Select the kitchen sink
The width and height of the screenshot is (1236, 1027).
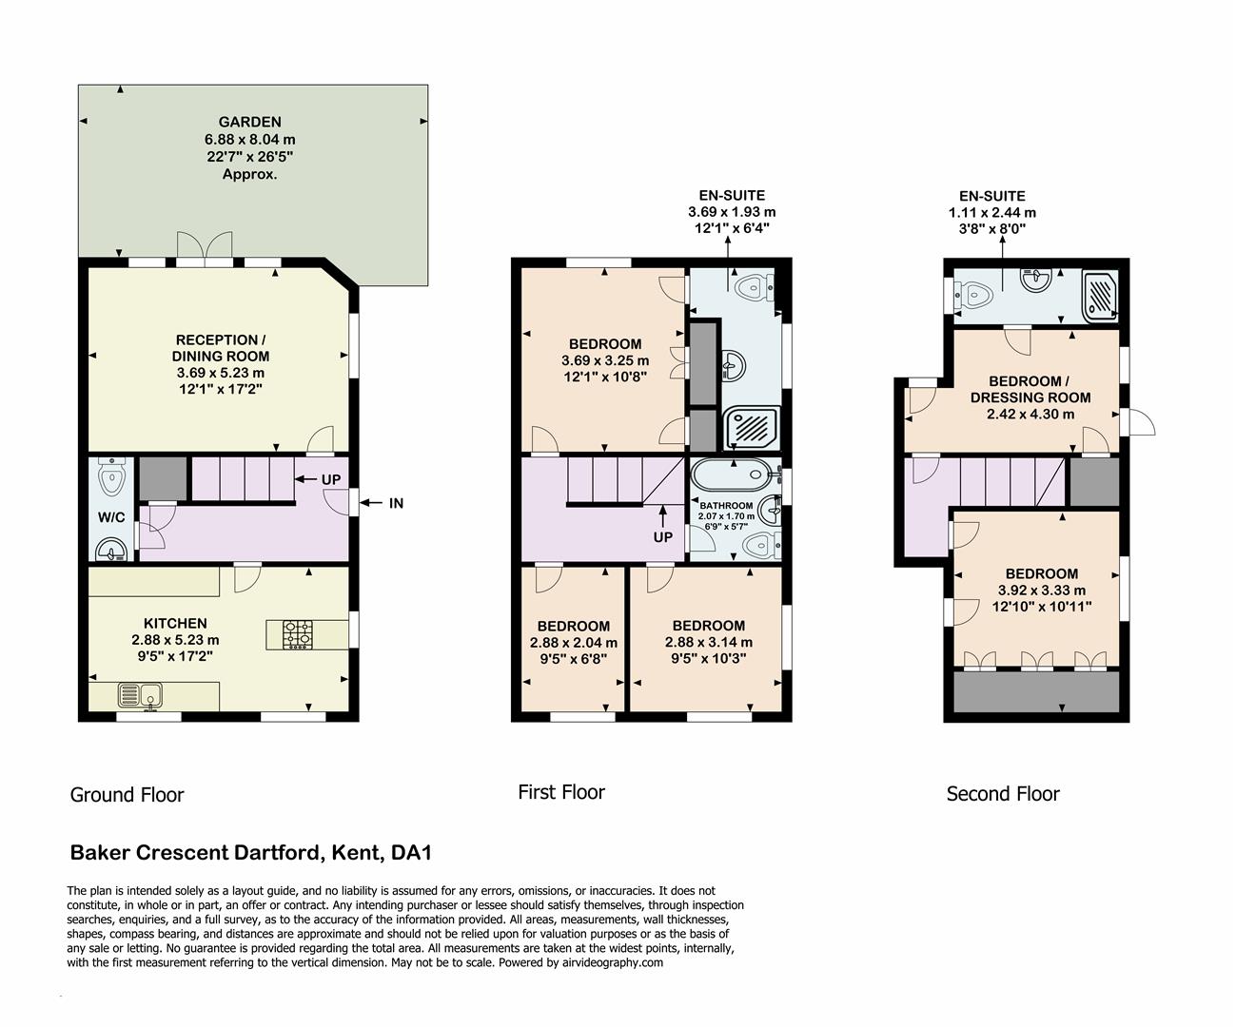pyautogui.click(x=141, y=696)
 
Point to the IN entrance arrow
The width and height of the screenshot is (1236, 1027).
pyautogui.click(x=395, y=503)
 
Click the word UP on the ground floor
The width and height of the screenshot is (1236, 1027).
pyautogui.click(x=330, y=480)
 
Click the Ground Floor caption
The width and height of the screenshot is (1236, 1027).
pyautogui.click(x=127, y=795)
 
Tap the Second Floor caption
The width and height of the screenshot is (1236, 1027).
pyautogui.click(x=1002, y=794)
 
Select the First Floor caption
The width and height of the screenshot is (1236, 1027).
pyautogui.click(x=560, y=792)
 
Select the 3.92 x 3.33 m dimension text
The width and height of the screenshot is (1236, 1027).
pyautogui.click(x=1041, y=590)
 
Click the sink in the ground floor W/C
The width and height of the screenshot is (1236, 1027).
pyautogui.click(x=114, y=551)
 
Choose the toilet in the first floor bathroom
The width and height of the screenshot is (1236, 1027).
pyautogui.click(x=760, y=545)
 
